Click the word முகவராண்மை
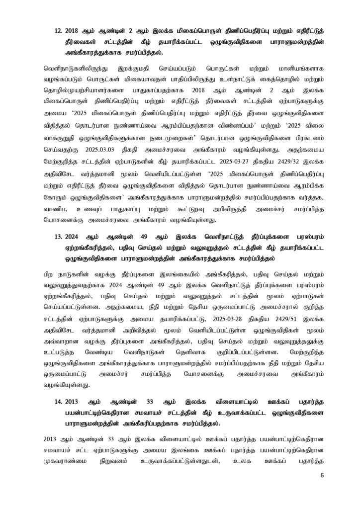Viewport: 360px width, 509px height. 69,451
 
